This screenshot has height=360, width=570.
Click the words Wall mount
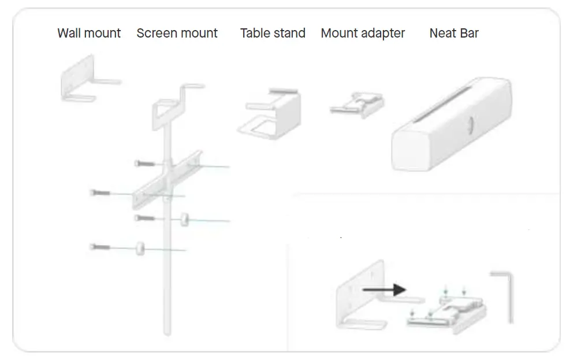click(89, 34)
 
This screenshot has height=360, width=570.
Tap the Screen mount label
click(177, 34)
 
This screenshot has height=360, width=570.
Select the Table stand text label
click(273, 34)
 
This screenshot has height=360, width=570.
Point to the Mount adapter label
click(363, 34)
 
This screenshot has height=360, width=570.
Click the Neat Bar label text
click(454, 34)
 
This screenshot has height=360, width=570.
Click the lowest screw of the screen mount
click(99, 247)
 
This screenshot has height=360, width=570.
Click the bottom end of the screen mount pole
click(167, 331)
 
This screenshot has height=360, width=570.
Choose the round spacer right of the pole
click(184, 219)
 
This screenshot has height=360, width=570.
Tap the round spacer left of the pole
click(140, 248)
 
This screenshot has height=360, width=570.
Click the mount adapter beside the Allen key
click(448, 315)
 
